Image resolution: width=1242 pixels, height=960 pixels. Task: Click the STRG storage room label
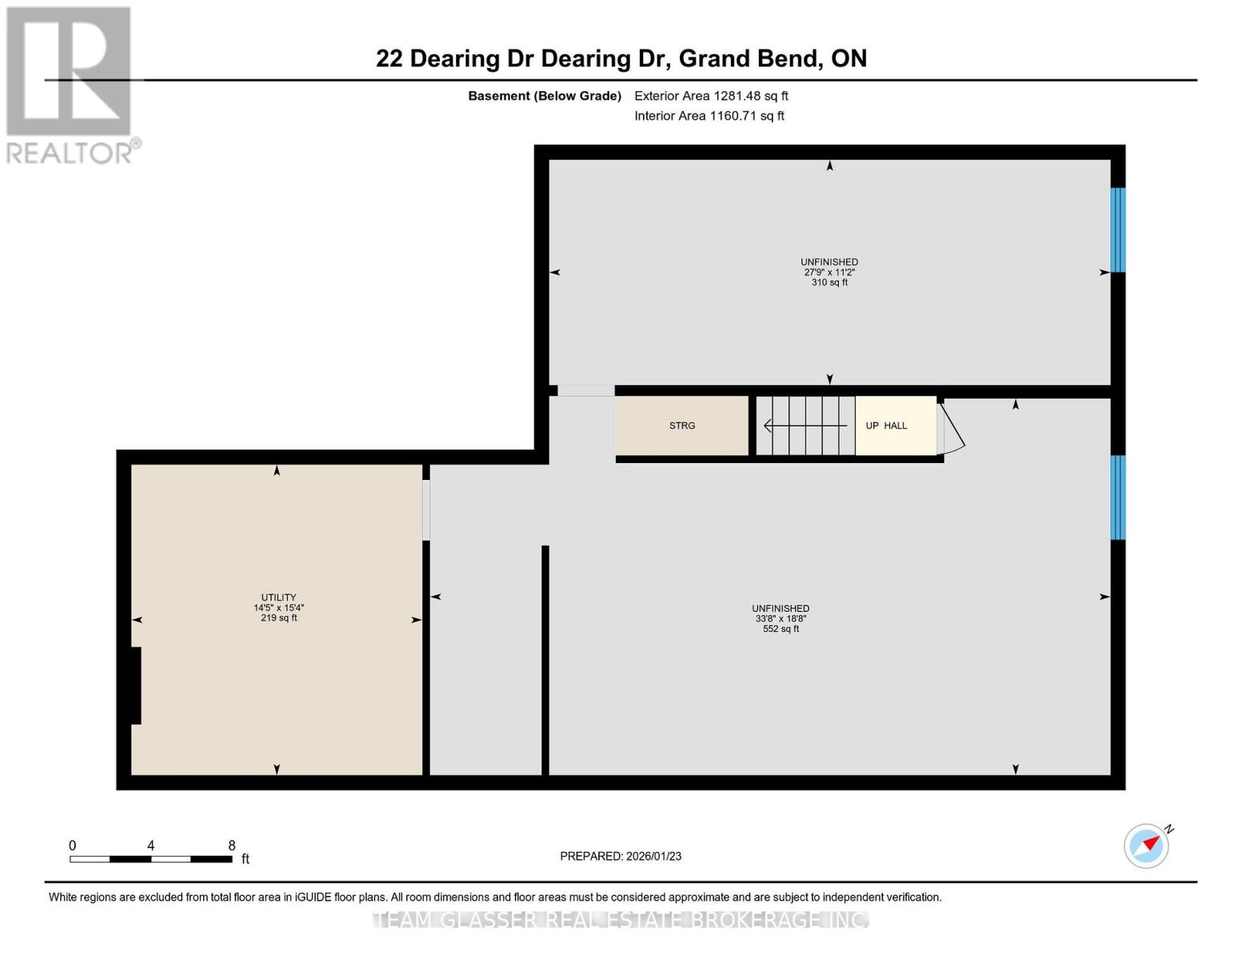click(x=681, y=426)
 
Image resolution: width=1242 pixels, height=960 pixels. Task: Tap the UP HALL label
click(x=886, y=426)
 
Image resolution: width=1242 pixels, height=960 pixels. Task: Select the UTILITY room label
click(x=278, y=598)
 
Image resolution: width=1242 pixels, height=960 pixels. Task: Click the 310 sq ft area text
click(x=829, y=282)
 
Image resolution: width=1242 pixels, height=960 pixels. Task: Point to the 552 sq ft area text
click(x=781, y=629)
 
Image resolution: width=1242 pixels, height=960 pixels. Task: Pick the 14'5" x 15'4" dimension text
click(x=278, y=608)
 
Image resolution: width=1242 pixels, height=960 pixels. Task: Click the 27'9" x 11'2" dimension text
click(x=829, y=272)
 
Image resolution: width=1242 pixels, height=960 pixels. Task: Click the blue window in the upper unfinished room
click(x=1118, y=230)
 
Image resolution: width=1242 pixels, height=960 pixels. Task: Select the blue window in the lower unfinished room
click(x=1118, y=498)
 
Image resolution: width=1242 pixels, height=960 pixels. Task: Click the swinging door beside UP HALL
click(x=952, y=428)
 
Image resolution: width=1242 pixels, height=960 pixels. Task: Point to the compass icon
click(x=1146, y=846)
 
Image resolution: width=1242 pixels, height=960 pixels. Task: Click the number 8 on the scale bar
click(x=232, y=846)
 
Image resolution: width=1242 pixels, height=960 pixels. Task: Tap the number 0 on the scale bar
click(x=73, y=846)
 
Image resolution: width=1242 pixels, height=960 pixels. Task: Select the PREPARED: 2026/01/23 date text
click(x=621, y=856)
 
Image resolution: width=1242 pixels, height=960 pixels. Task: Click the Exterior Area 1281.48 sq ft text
click(x=711, y=96)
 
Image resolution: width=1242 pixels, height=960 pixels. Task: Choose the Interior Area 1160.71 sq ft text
click(x=709, y=116)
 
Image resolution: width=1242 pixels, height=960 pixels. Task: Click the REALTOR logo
click(x=70, y=84)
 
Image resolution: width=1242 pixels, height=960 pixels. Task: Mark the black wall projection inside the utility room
click(x=136, y=686)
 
